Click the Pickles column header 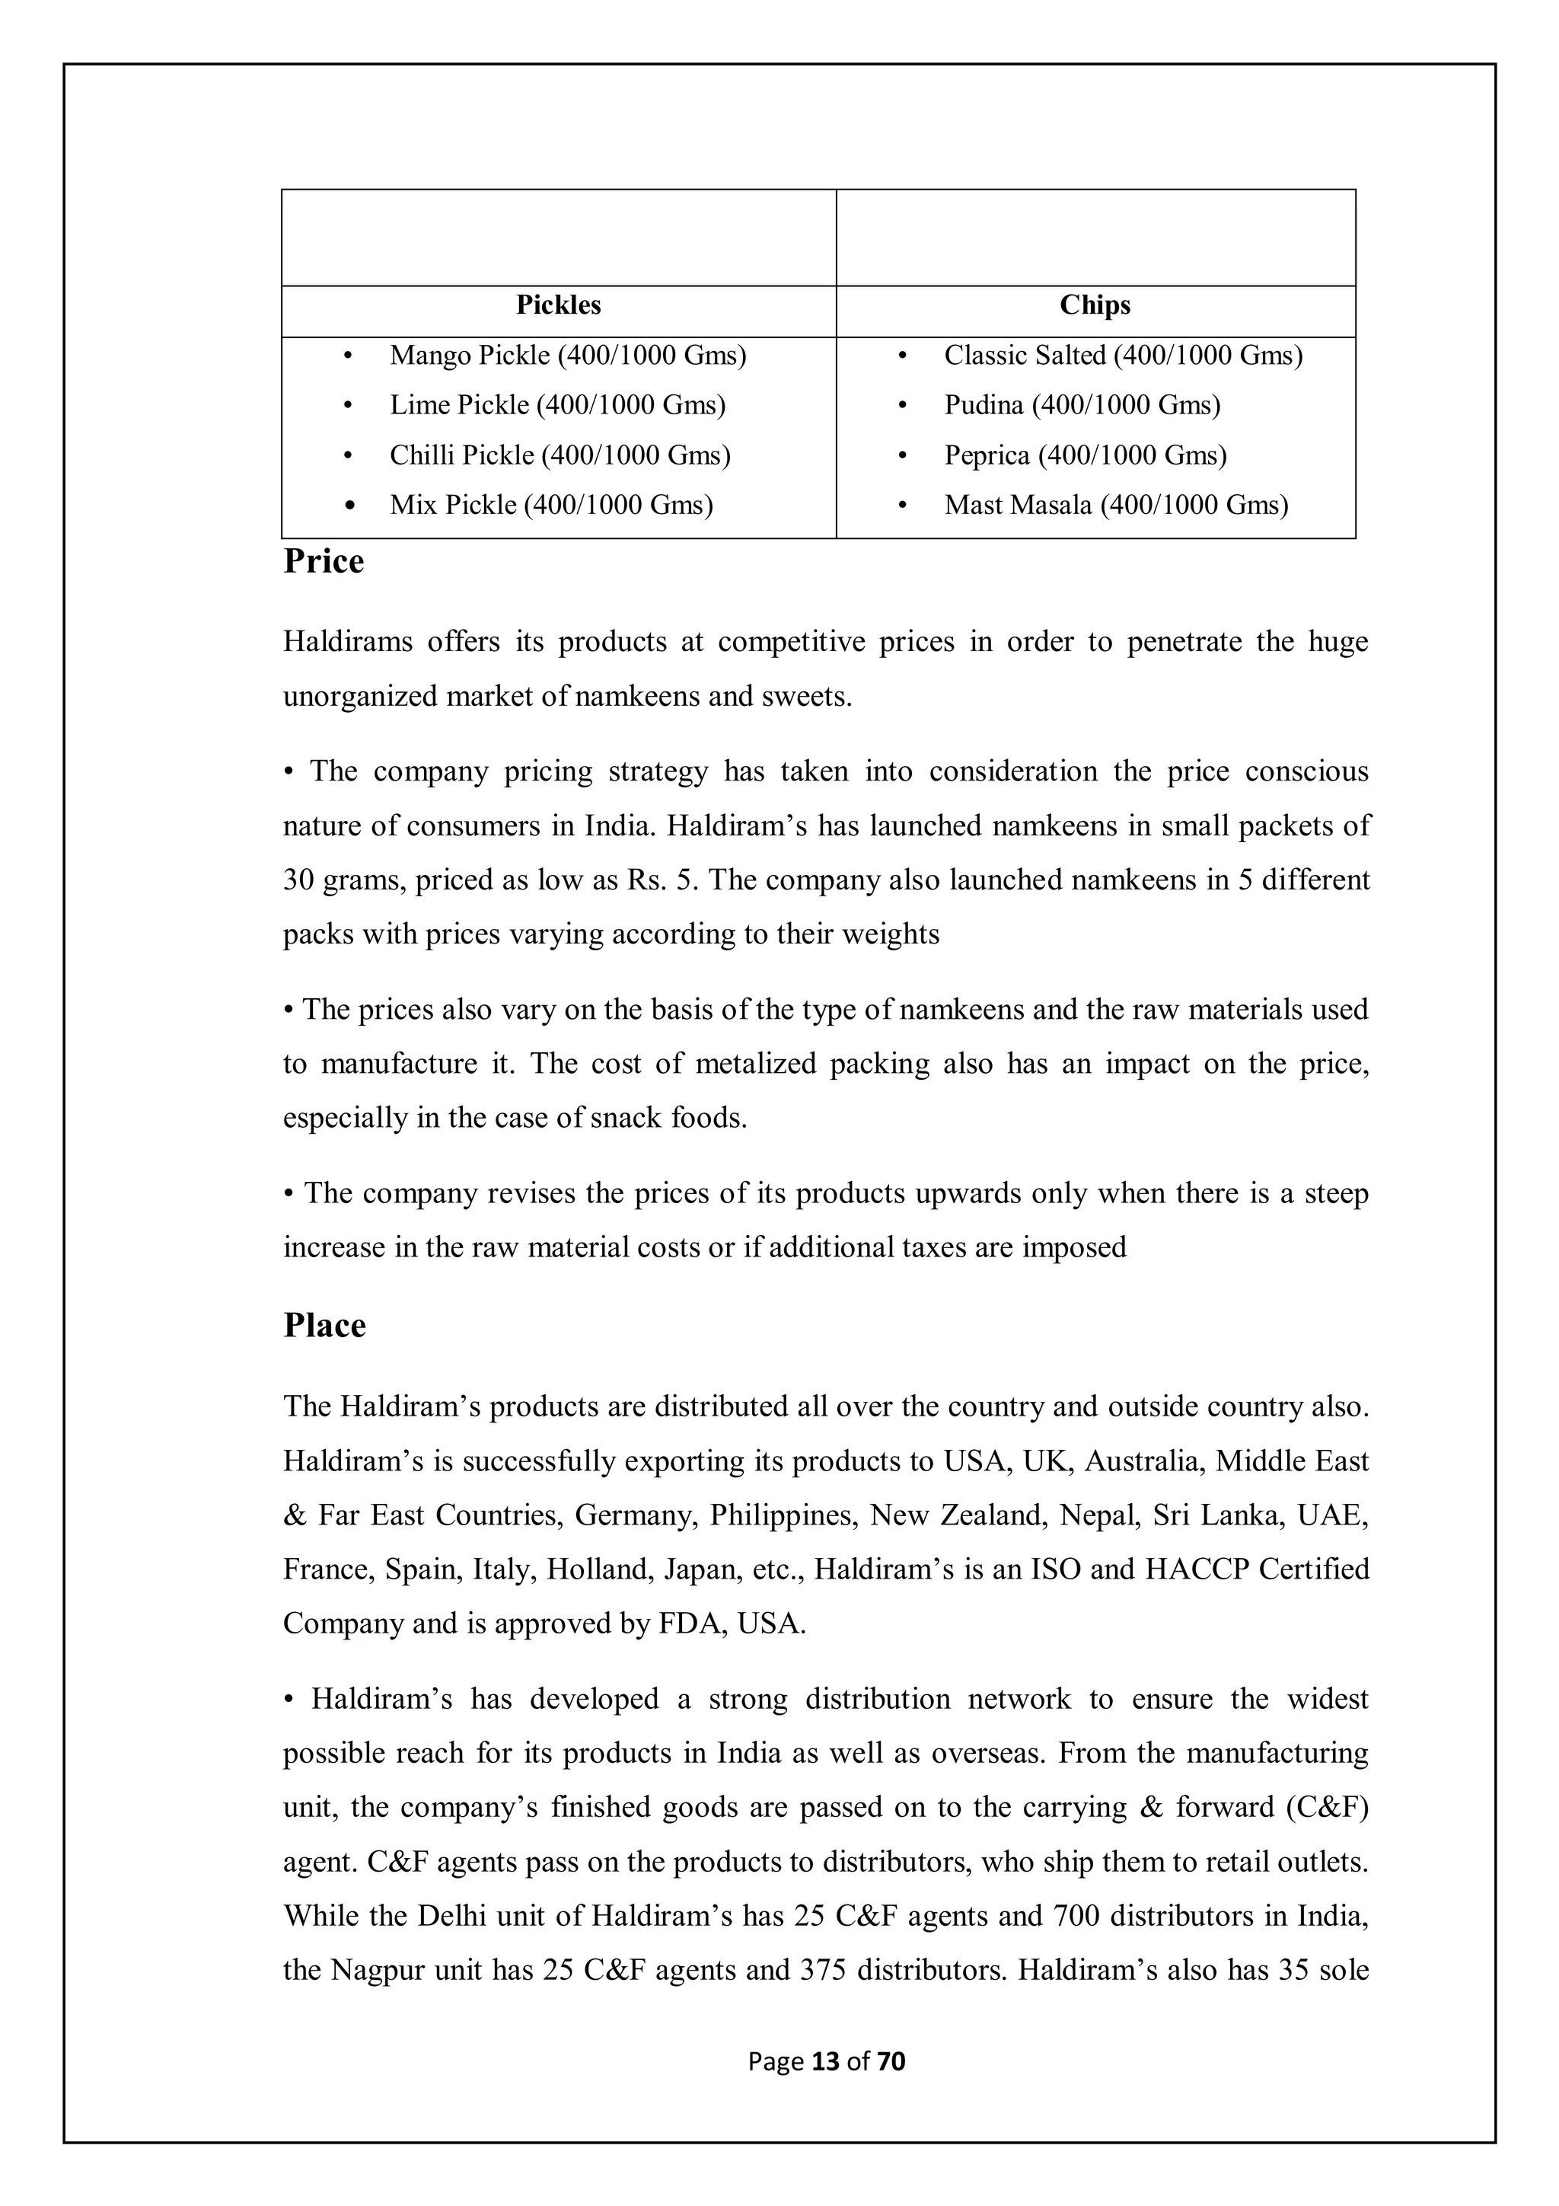(558, 305)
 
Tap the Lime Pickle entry (557, 405)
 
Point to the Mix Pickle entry (550, 506)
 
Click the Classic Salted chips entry (1123, 356)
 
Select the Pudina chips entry (1082, 405)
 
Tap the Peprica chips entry (1085, 455)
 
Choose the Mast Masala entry (1115, 506)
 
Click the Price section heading (324, 562)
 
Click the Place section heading (325, 1326)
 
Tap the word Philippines (782, 1515)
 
